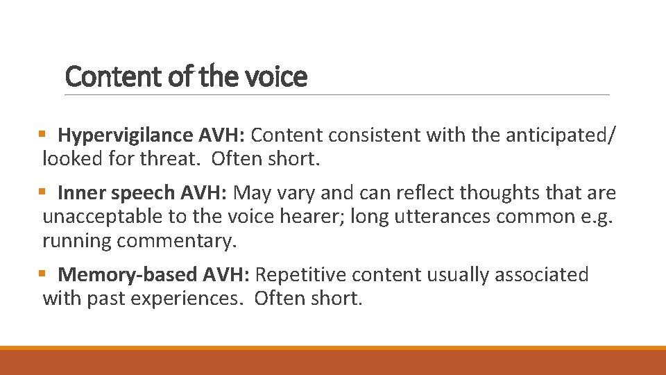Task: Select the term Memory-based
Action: point(128,274)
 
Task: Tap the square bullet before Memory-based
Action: point(42,274)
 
